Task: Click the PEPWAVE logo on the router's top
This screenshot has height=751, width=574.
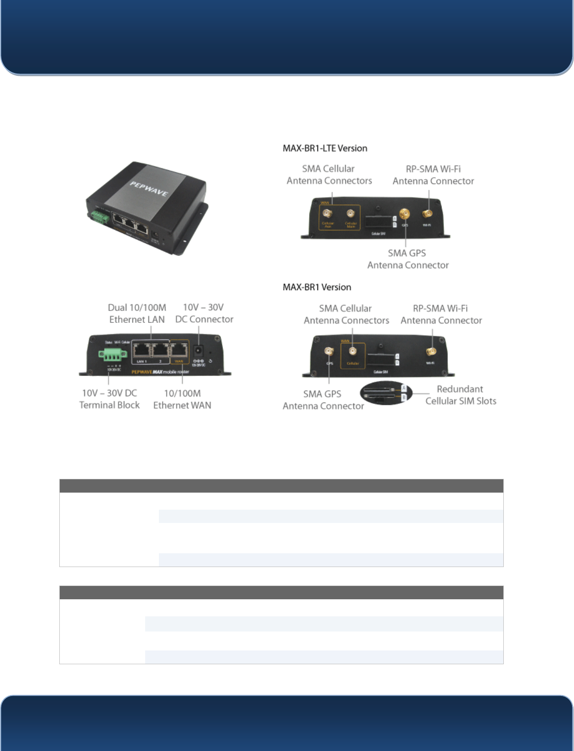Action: (x=149, y=188)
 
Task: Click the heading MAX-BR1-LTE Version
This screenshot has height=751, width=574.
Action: (x=325, y=148)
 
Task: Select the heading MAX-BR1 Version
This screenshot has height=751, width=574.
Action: (x=317, y=287)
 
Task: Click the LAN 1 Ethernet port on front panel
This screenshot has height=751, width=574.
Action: (x=141, y=351)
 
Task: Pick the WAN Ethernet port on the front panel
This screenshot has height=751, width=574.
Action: (x=179, y=351)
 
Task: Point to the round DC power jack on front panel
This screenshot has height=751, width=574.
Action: (x=198, y=351)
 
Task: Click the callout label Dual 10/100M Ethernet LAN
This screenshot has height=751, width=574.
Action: (x=137, y=313)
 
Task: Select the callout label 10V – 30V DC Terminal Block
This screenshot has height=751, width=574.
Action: (x=110, y=399)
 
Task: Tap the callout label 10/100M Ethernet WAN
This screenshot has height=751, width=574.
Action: (x=182, y=399)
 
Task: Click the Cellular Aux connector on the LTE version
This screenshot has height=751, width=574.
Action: (x=327, y=214)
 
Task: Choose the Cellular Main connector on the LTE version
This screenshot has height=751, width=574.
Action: (x=351, y=214)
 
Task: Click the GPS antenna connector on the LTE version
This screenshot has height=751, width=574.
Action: (x=405, y=214)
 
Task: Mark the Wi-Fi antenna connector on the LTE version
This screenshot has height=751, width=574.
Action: (x=427, y=214)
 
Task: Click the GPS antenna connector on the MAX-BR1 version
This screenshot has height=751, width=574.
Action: (x=329, y=351)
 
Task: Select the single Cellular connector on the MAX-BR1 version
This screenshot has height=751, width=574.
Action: (x=352, y=351)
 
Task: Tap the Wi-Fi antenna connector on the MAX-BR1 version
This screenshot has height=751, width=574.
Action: (x=431, y=351)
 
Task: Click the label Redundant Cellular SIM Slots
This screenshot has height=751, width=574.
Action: (x=461, y=395)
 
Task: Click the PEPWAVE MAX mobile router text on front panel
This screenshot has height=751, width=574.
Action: (x=160, y=372)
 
